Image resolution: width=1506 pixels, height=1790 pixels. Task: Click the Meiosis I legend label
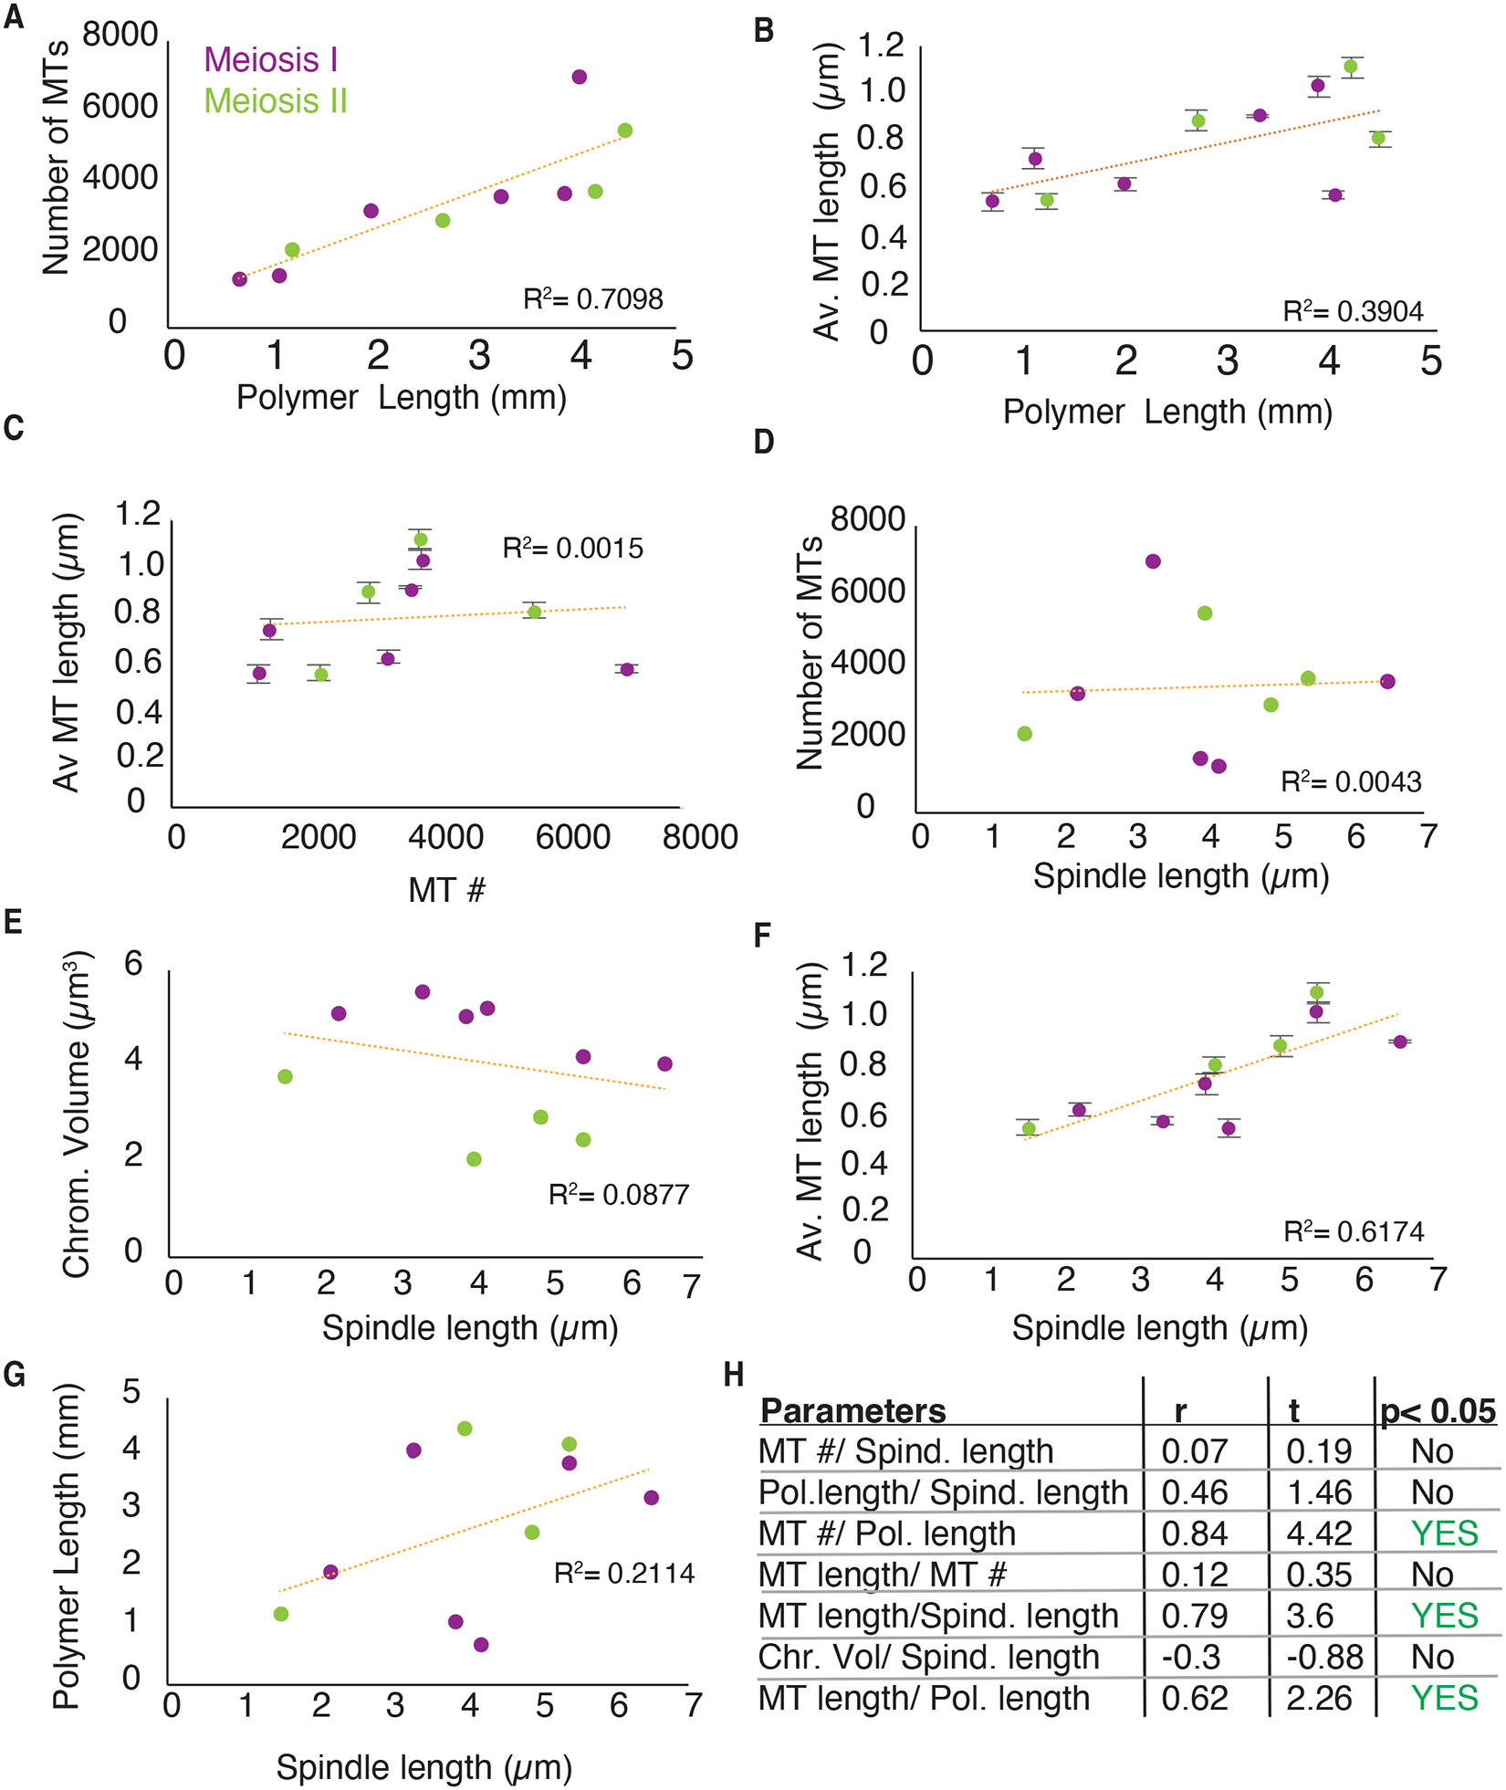pos(271,60)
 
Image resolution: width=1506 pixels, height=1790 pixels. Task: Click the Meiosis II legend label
pos(276,101)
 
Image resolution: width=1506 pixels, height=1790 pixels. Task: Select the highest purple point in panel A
pos(579,77)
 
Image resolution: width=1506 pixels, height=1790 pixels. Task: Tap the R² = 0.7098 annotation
pos(593,299)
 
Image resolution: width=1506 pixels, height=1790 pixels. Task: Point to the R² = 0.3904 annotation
pos(1353,312)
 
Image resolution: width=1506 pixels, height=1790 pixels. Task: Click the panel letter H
pos(733,1376)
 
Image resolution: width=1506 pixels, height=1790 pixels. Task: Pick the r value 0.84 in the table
pos(1194,1534)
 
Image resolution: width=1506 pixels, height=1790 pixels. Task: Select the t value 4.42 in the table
pos(1319,1534)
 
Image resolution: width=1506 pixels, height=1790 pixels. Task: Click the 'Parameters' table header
pos(853,1411)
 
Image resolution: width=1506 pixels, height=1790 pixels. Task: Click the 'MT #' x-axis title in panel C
pos(446,890)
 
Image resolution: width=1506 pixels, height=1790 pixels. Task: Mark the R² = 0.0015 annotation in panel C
pos(573,549)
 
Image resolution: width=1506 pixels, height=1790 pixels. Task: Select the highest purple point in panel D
pos(1153,561)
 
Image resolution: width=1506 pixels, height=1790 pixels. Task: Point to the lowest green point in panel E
pos(474,1159)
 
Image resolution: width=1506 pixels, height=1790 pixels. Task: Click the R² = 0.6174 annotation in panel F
pos(1354,1232)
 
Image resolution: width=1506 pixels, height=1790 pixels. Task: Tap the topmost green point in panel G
pos(465,1429)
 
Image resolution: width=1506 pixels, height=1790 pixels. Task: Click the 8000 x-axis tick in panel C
pos(700,837)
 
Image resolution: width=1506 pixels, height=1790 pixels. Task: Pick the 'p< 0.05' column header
pos(1438,1411)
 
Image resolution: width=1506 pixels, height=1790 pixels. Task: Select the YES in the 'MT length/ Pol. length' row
pos(1444,1698)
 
